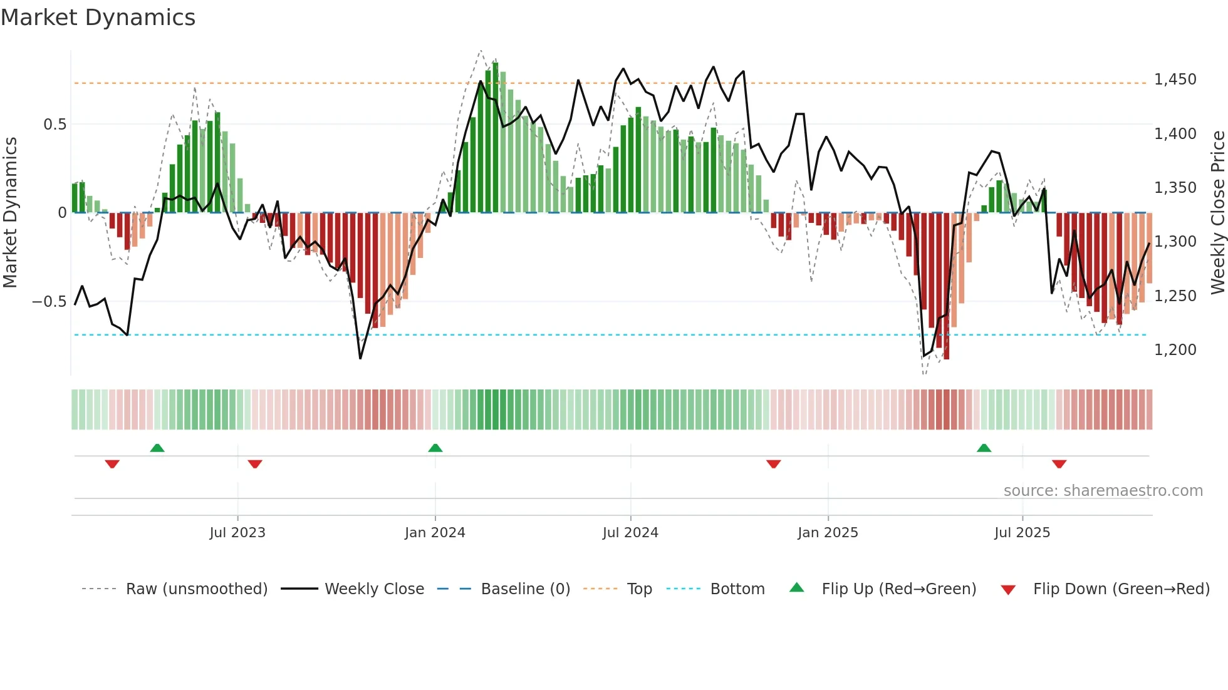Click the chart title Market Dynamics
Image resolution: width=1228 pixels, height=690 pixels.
tap(98, 18)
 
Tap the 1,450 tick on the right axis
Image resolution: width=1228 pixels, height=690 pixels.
tap(1175, 80)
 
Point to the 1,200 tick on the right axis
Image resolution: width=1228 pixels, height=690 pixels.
tap(1175, 350)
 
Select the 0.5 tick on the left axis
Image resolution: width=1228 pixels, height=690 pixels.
tap(55, 125)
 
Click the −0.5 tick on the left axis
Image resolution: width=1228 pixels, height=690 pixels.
tap(49, 302)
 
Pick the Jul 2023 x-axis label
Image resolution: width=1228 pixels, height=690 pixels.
tap(237, 533)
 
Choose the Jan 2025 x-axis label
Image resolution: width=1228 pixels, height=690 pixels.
tap(828, 533)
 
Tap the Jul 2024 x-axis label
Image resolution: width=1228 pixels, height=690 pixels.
tap(630, 533)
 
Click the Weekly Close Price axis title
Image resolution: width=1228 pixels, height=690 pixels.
tap(1217, 212)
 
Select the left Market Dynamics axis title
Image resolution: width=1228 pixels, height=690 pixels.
tap(10, 212)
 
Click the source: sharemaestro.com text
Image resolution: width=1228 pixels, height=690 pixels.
tap(1103, 491)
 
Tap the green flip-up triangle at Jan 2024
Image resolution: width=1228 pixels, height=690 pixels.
tap(435, 448)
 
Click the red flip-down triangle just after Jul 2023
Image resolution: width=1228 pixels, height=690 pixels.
tap(255, 464)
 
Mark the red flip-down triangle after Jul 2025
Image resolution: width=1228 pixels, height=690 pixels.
tap(1059, 464)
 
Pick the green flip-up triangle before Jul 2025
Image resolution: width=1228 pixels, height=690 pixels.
tap(984, 448)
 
